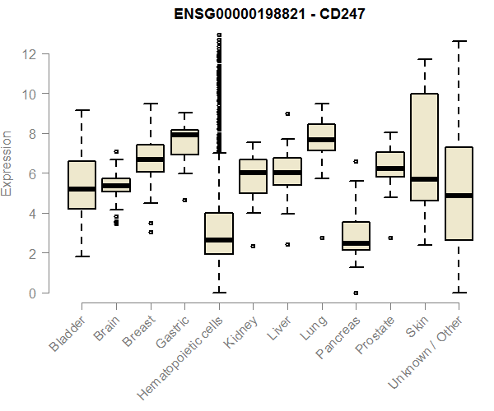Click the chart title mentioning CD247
258,14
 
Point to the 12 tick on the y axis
30,54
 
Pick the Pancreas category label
335,337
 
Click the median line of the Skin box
424,179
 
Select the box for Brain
116,185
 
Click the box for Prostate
389,164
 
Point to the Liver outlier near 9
287,114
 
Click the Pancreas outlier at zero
356,293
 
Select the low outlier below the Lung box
321,238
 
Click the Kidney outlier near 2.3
253,246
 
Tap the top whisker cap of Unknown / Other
458,41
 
